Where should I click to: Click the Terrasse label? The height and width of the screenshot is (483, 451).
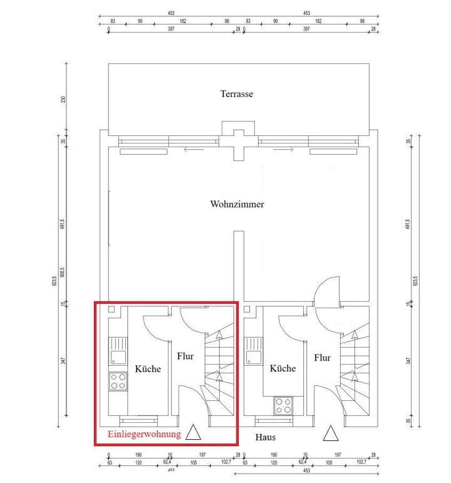[x=236, y=94]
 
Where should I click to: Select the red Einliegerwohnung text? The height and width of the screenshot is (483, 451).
[x=143, y=434]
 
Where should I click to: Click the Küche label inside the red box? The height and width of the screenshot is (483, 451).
[x=148, y=369]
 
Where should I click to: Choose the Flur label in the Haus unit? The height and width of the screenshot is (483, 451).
[x=322, y=358]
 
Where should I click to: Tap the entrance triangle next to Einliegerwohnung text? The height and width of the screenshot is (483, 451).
[x=193, y=432]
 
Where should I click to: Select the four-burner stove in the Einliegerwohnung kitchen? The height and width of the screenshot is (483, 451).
[x=118, y=382]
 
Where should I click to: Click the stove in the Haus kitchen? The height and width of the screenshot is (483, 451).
[x=283, y=405]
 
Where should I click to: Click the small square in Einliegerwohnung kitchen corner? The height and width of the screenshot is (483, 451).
[x=111, y=310]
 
